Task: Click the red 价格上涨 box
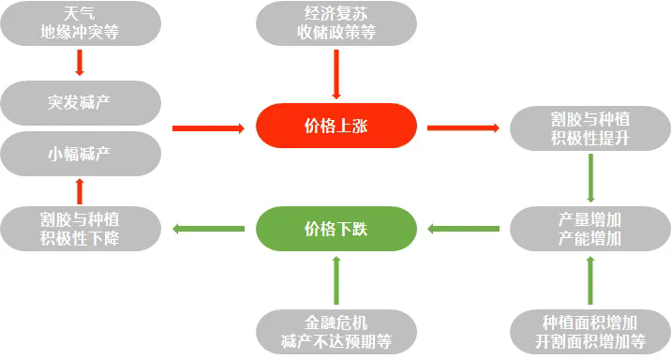335,126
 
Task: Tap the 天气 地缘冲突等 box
80,24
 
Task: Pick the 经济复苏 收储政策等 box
335,24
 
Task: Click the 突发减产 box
80,101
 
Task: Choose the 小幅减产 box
80,152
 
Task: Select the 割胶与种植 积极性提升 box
590,127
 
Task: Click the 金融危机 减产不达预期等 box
335,331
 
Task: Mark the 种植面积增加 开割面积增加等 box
590,331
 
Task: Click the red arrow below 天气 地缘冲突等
80,62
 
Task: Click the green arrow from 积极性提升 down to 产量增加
590,177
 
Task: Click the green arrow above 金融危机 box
335,279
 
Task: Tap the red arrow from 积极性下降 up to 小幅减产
80,190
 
